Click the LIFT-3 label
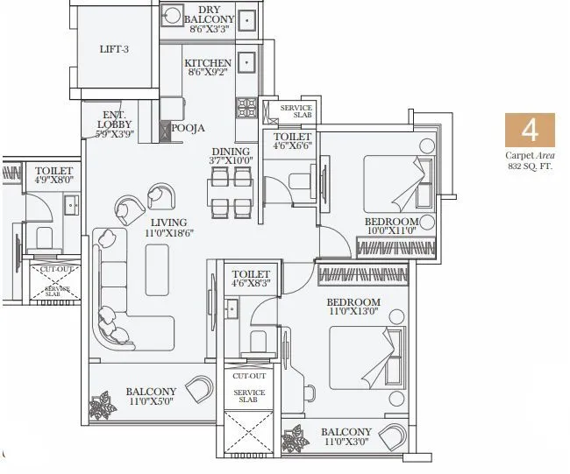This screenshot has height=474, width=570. coord(114,49)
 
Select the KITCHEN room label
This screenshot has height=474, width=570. coord(208,63)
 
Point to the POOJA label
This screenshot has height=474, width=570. coord(188,128)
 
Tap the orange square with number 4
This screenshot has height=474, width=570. coord(530,131)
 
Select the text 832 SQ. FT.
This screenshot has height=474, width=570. coord(530,166)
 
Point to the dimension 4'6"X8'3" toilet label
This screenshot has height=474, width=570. coord(251,284)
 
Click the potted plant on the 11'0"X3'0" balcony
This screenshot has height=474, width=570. coord(294,437)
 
